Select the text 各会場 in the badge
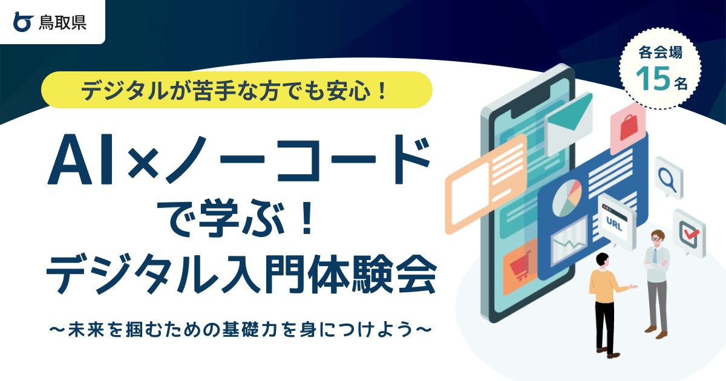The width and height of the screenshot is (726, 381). [x=661, y=53]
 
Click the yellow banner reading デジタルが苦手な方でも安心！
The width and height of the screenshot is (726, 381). [x=237, y=90]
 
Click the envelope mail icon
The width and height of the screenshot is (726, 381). [x=568, y=118]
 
